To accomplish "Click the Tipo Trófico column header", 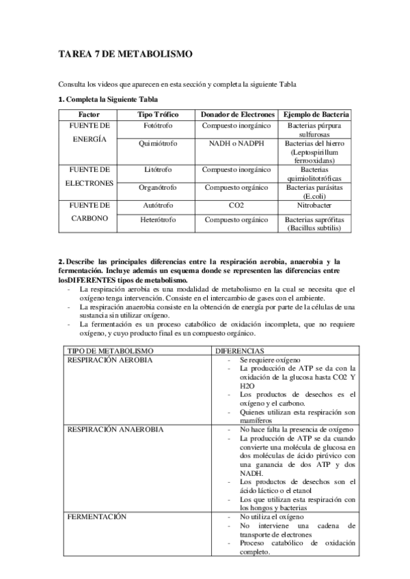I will click(158, 114).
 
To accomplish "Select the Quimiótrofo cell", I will click(158, 144).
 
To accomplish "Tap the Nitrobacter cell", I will click(316, 204).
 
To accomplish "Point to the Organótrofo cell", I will click(158, 187).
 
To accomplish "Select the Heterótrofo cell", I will click(158, 220).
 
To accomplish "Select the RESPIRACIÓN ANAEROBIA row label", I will click(114, 429).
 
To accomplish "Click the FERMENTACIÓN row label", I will click(96, 517).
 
